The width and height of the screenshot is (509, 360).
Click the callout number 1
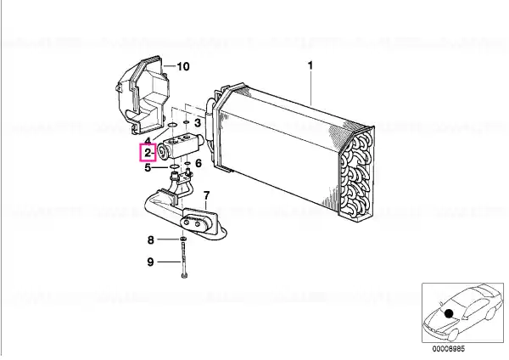[310, 65]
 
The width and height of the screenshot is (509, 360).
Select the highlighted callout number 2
[148, 153]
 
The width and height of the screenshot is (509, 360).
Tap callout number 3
[198, 123]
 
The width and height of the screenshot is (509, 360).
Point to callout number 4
[148, 141]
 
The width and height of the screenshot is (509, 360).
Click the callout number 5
[148, 167]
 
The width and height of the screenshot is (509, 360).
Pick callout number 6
[198, 163]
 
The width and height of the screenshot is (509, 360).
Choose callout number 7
[206, 195]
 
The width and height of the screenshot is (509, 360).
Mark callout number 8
[151, 240]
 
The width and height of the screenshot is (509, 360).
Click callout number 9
[150, 262]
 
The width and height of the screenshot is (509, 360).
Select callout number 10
[182, 66]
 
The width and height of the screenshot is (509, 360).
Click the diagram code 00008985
[448, 349]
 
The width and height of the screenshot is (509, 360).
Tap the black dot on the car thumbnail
[449, 313]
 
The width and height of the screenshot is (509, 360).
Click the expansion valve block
[179, 147]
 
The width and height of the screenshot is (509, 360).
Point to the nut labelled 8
[183, 239]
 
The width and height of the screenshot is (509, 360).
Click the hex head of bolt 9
[185, 277]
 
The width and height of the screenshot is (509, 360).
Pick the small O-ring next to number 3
[186, 122]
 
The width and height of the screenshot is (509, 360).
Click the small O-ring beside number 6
[187, 162]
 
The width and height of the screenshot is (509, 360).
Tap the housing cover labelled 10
[143, 95]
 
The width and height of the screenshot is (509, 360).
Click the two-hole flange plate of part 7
[198, 222]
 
